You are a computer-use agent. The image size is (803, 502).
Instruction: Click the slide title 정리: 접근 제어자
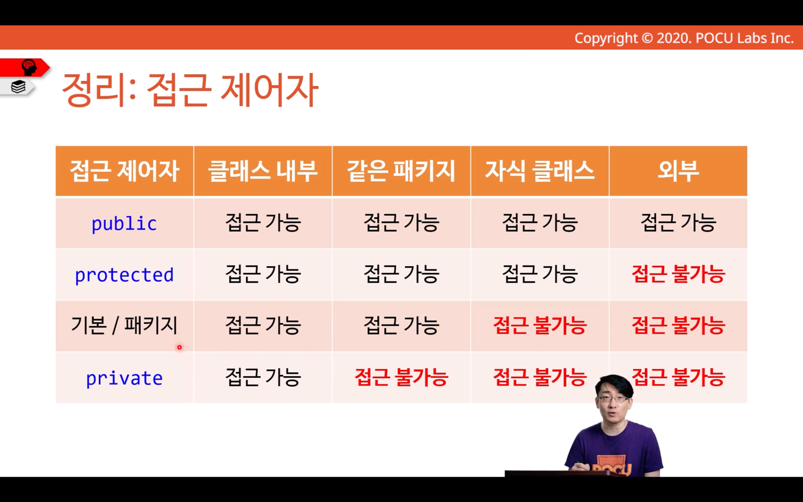tap(190, 90)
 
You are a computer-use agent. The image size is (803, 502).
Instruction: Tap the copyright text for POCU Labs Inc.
tap(684, 38)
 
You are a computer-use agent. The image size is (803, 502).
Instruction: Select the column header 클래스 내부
tap(263, 171)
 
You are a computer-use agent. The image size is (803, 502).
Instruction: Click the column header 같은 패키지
tap(401, 171)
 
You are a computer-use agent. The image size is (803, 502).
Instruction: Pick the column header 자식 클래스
tap(540, 171)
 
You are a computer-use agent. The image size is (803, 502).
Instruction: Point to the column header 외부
tap(678, 171)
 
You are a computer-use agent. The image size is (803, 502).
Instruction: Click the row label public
tap(124, 224)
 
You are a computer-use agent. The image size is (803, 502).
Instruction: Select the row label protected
tap(124, 275)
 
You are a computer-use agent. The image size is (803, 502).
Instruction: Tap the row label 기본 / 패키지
tap(124, 326)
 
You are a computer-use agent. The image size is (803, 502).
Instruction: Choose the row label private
tap(124, 378)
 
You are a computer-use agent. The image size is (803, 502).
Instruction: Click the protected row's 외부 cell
tap(678, 274)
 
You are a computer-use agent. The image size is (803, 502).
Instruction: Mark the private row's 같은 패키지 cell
tap(401, 377)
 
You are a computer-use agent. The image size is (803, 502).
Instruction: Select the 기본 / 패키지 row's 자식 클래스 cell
tap(540, 326)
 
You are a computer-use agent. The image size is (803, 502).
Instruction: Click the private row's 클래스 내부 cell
tap(263, 377)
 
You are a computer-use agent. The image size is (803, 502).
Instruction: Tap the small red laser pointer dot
tap(180, 347)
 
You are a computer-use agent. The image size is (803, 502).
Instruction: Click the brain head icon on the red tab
tap(29, 67)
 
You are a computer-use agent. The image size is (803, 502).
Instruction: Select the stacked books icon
tap(18, 87)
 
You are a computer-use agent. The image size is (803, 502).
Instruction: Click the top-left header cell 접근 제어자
tap(124, 171)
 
